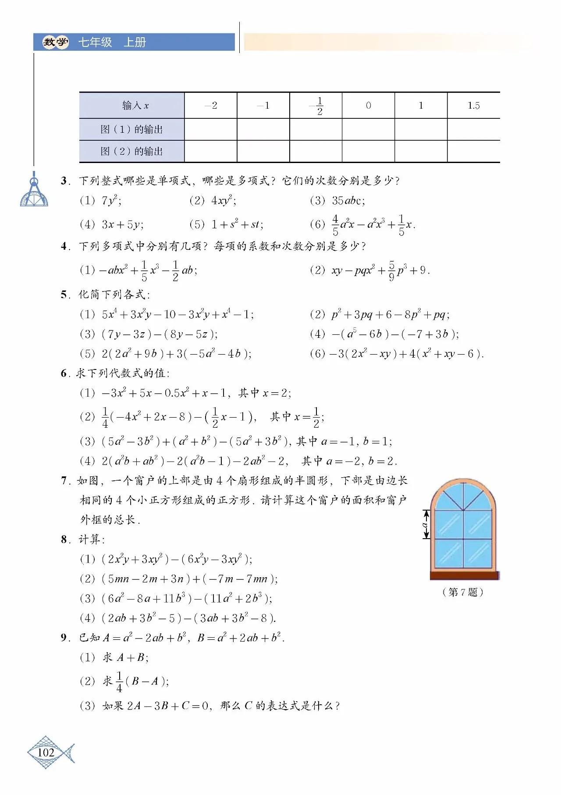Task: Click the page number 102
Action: (46, 752)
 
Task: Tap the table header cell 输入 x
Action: (131, 106)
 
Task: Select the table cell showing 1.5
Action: (473, 106)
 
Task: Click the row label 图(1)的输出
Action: (131, 129)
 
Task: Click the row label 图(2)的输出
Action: (131, 151)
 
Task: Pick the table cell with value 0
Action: (368, 106)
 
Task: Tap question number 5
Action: (64, 295)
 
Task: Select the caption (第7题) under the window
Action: (463, 592)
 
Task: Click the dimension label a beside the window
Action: (424, 524)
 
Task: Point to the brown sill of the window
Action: (464, 575)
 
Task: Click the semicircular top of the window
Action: (464, 495)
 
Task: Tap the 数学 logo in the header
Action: (55, 43)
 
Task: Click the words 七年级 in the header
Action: (95, 43)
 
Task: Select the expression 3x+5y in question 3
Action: (122, 225)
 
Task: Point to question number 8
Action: (64, 539)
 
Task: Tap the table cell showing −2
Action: (211, 106)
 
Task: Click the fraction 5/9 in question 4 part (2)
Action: (391, 271)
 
